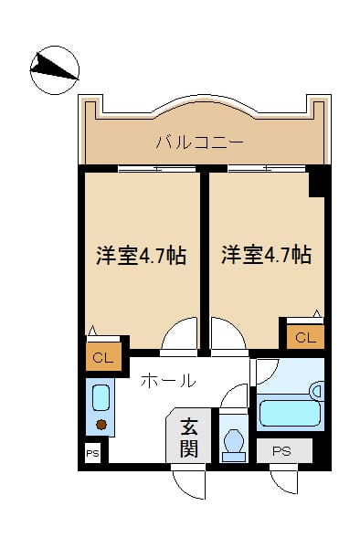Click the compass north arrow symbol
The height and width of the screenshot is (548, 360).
[54, 68]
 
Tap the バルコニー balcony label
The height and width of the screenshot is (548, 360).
[198, 142]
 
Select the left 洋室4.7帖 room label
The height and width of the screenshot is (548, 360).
[142, 256]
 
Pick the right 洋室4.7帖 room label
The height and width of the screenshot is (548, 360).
[266, 256]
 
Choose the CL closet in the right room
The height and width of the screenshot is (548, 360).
[306, 338]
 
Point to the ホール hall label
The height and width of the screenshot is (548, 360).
[167, 381]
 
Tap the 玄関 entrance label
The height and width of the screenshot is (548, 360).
[188, 437]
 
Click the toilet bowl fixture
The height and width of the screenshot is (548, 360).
[233, 442]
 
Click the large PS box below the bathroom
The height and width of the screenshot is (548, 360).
[283, 450]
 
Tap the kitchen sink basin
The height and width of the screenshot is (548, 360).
[101, 398]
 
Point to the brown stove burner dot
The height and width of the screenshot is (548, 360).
[101, 424]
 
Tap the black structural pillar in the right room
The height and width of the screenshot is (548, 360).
[317, 181]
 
